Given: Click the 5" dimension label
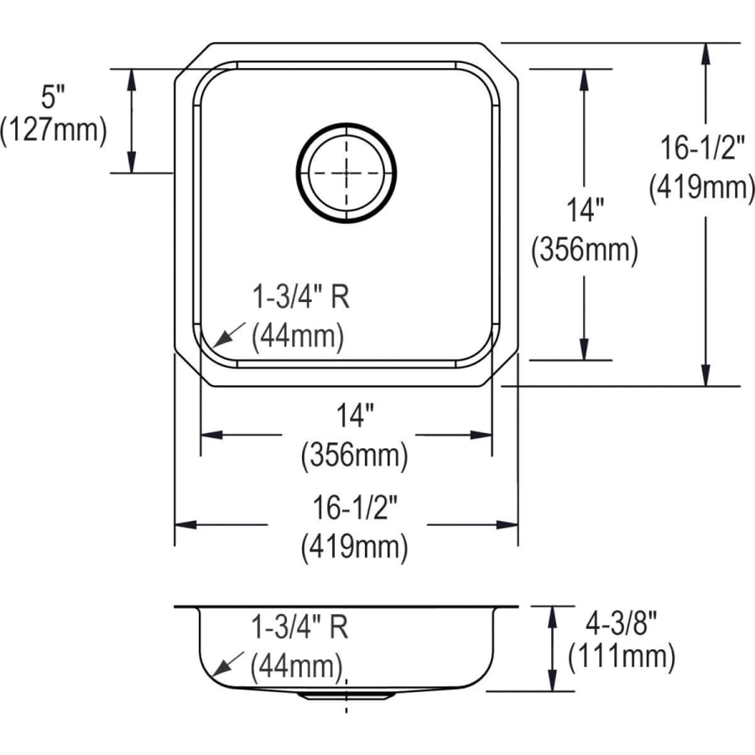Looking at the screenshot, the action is pos(53,96).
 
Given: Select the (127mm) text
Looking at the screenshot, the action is pos(54,129).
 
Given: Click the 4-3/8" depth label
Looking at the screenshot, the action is pos(621,624).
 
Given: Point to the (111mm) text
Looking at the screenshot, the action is pos(621,656).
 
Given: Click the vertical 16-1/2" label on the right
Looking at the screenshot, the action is pos(702,148).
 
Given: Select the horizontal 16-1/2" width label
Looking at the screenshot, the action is pos(355,508).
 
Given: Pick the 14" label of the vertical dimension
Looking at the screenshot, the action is pos(585,210).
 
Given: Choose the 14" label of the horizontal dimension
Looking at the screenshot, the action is pos(355,415).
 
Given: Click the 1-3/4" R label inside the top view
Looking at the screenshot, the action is pos(301,297).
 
